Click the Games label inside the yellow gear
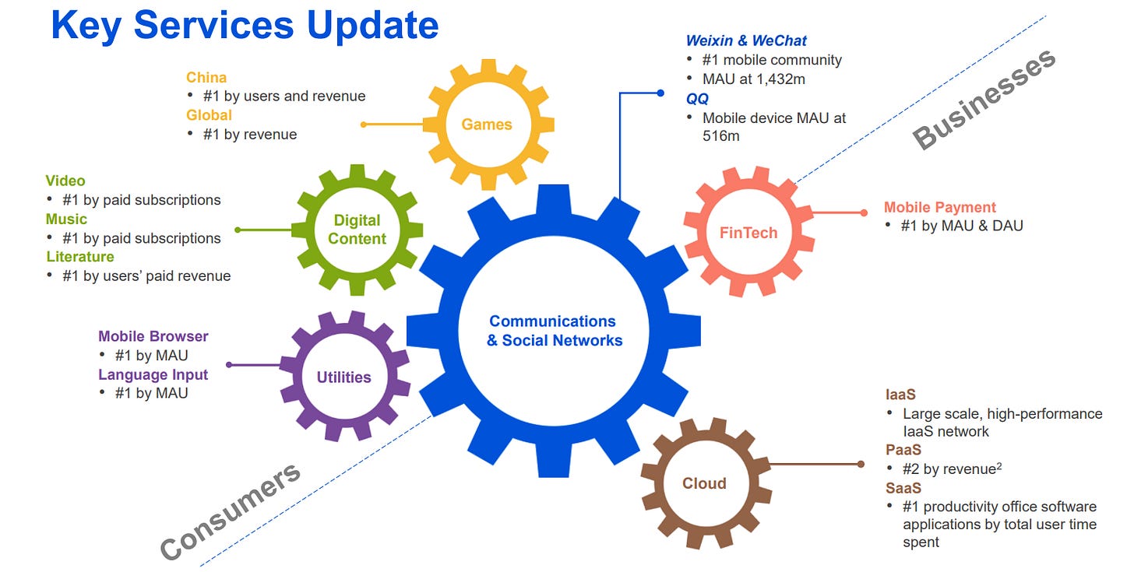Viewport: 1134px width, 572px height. point(487,125)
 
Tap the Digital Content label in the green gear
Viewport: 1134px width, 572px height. point(357,229)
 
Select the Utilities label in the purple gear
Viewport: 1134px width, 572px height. point(343,377)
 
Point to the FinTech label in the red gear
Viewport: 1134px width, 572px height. point(748,233)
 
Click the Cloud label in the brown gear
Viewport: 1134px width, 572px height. point(704,483)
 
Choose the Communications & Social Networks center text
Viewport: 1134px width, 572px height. point(555,331)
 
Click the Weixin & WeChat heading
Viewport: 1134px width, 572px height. point(746,40)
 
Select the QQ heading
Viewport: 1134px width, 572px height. point(697,99)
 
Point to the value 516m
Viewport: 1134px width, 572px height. point(721,136)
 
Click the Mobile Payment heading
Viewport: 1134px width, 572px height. point(939,207)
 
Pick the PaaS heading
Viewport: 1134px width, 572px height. point(903,450)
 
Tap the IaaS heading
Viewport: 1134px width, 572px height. point(900,395)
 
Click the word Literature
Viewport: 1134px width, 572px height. point(80,257)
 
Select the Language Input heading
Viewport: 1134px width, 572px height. point(153,375)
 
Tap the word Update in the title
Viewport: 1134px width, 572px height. point(372,26)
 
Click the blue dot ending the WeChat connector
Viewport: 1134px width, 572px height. point(660,93)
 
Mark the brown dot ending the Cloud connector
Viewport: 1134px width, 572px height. point(861,465)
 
